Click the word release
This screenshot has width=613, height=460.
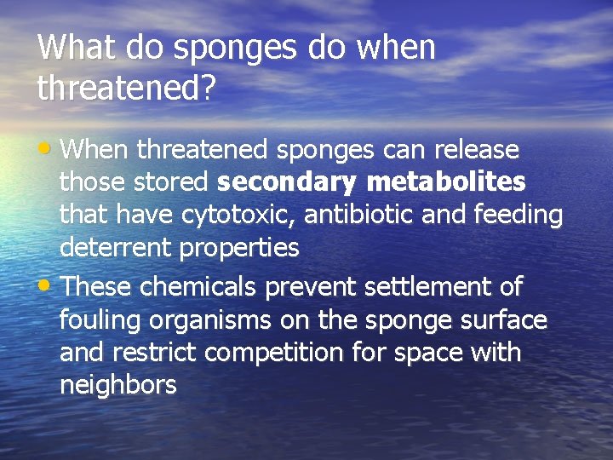click(x=476, y=150)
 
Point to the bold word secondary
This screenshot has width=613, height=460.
click(x=288, y=183)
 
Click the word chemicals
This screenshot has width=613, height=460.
click(x=199, y=287)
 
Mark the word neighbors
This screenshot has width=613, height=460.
click(x=117, y=386)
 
